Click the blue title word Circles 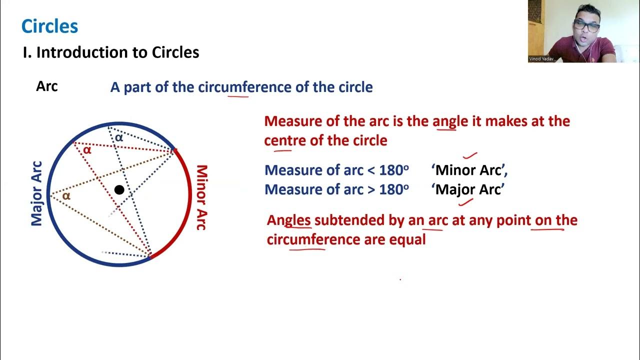(x=49, y=26)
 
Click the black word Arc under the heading (x=47, y=86)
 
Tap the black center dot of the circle (x=119, y=189)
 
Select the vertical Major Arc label (x=37, y=193)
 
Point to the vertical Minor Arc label (x=201, y=197)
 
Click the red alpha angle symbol (x=87, y=149)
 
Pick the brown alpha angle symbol (x=66, y=196)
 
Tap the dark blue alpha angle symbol (x=118, y=137)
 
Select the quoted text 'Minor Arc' (x=469, y=170)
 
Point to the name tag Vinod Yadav (x=541, y=59)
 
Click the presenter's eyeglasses (x=586, y=26)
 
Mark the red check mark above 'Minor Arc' (x=470, y=156)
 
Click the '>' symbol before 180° (x=371, y=190)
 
